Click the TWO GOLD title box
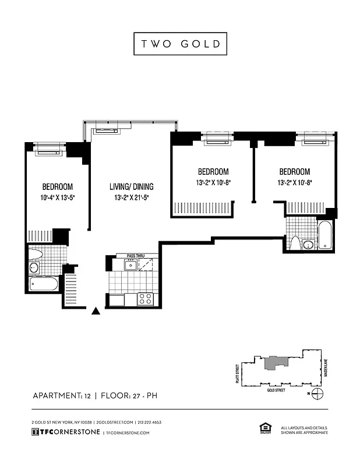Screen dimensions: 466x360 coord(179,44)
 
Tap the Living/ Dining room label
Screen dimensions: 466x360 coord(131,187)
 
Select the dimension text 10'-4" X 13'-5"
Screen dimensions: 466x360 coord(57,198)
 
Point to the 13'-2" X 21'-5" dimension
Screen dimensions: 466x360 coord(131,198)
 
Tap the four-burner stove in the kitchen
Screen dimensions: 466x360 coord(145,299)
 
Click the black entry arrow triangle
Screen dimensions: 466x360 coord(96,312)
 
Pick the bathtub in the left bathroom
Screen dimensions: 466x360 coord(44,285)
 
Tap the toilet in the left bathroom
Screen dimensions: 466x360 coord(36,253)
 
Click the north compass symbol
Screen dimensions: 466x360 coord(317,393)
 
